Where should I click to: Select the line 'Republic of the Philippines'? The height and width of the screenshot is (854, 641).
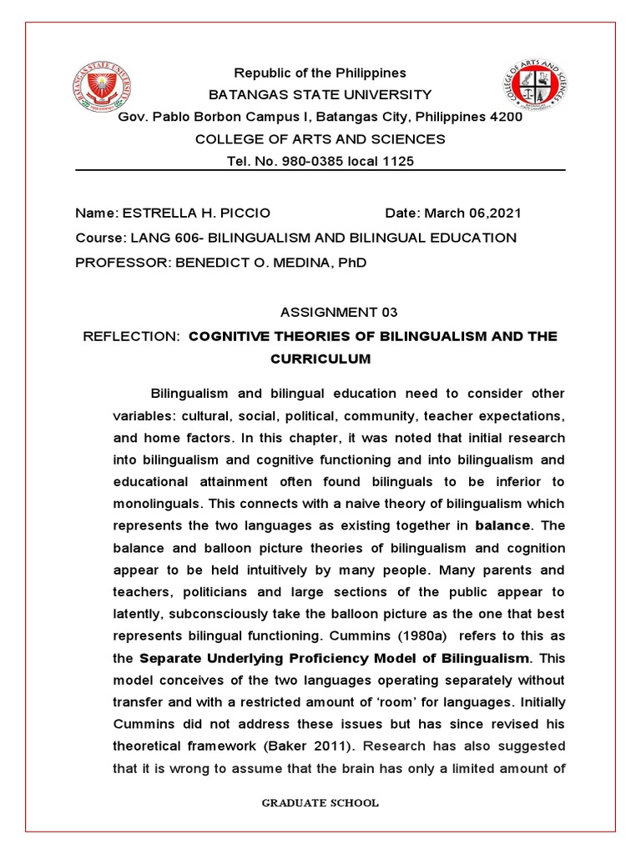[320, 73]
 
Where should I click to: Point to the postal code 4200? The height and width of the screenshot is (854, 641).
[506, 117]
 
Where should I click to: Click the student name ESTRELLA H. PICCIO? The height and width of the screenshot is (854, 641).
[197, 213]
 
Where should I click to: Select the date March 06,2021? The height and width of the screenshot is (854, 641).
[476, 213]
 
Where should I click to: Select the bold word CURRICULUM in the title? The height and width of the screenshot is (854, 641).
[320, 359]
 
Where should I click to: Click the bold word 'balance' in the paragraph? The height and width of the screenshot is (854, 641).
[502, 526]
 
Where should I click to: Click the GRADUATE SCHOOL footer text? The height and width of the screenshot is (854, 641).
[320, 803]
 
